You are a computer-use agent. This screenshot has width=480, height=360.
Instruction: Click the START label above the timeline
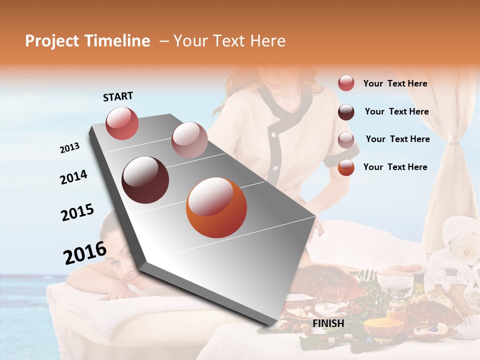point(118,96)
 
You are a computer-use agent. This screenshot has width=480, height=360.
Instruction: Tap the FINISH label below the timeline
point(328,323)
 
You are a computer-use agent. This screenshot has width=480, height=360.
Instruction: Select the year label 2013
point(69,148)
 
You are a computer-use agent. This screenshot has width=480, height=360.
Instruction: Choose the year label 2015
point(77,212)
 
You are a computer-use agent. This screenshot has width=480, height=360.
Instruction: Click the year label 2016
point(84,252)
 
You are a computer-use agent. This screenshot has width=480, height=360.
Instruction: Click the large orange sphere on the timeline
point(216,207)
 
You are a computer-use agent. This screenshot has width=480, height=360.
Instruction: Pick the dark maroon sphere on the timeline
point(145,179)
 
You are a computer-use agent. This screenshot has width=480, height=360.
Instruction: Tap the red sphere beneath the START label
point(122,123)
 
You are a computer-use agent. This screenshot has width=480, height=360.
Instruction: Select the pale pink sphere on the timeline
point(189,140)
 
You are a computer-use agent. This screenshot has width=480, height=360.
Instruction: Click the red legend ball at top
point(346,83)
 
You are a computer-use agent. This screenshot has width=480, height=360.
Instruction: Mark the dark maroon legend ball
point(346,111)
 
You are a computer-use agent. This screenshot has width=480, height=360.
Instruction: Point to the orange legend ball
point(346,167)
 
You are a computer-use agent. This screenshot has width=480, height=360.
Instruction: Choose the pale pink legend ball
point(346,139)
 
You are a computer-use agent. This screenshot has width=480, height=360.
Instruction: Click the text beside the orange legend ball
point(395,167)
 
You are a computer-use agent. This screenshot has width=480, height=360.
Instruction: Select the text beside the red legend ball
point(395,83)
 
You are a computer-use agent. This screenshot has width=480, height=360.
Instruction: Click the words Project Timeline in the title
point(87,41)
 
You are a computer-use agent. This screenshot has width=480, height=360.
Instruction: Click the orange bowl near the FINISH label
point(383,328)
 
